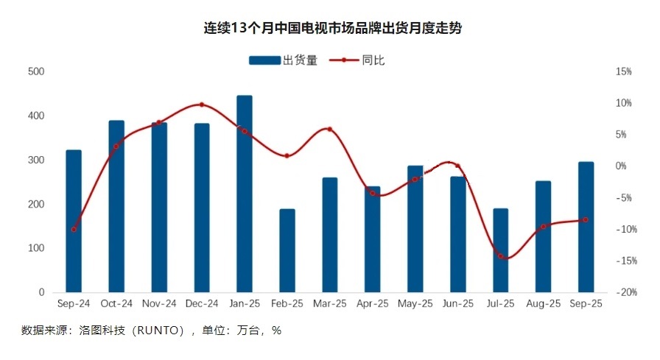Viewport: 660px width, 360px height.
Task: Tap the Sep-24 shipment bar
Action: [x=74, y=221]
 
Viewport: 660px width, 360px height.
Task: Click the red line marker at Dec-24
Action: [x=202, y=105]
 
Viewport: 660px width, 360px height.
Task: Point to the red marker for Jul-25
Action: [x=501, y=256]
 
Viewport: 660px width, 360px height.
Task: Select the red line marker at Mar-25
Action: [x=329, y=129]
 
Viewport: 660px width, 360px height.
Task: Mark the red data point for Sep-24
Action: [x=74, y=229]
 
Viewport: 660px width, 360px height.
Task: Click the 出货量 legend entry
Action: [x=283, y=60]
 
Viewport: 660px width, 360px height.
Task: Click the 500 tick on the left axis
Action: [x=36, y=71]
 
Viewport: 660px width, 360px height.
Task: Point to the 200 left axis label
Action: [x=36, y=204]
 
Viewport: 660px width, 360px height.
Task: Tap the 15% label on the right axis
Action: [x=623, y=71]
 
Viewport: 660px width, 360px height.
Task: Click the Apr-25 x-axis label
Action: [x=373, y=303]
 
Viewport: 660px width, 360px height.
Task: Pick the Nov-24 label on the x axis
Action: [x=159, y=303]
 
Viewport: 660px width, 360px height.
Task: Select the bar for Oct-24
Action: [x=116, y=206]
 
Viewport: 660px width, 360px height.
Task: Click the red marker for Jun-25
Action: [x=457, y=166]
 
